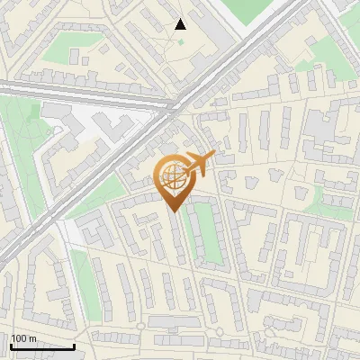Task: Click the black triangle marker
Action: point(180,24)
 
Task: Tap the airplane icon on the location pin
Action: point(199,163)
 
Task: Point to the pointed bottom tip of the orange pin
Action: point(173,211)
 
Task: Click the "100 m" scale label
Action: point(22,338)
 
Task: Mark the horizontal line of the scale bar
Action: point(42,346)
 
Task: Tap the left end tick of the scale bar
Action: point(11,345)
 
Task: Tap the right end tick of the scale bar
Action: point(74,345)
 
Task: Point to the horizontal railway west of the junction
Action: point(81,94)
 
